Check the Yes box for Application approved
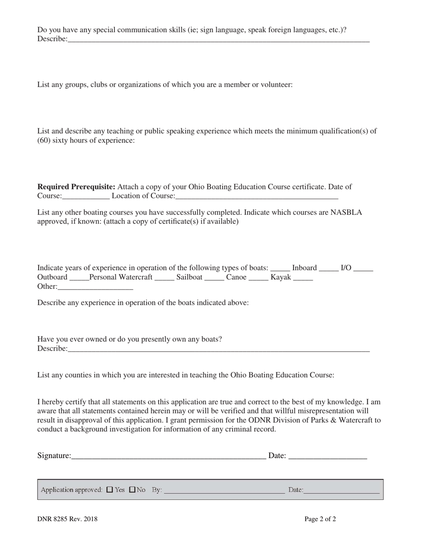coord(110,490)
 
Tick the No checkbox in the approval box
coord(132,490)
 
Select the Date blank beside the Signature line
coord(328,456)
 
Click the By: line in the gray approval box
coord(224,491)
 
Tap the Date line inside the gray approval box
coord(342,491)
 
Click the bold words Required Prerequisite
coord(76,187)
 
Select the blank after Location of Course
coord(257,196)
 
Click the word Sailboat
coord(189,277)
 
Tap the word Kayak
coord(281,277)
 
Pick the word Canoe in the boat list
coord(236,277)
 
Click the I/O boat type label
coord(346,268)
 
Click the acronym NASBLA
coord(346,212)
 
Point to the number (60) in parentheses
coord(44,140)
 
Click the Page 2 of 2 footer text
coord(320,519)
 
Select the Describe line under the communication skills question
coord(218,40)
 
